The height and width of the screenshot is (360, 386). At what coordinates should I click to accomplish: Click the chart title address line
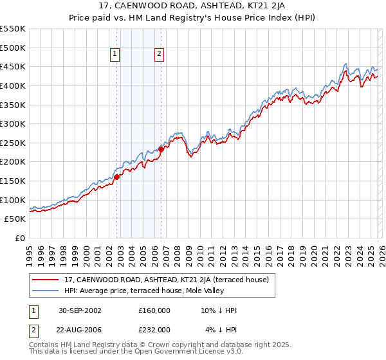click(192, 7)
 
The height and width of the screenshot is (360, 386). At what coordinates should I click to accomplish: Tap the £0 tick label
click(20, 238)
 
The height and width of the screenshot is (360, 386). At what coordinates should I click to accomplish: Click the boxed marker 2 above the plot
click(159, 55)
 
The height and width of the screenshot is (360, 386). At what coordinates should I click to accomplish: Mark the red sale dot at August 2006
click(161, 149)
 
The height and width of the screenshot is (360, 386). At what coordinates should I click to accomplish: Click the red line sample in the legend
click(46, 280)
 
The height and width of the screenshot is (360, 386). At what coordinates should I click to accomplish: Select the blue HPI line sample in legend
click(46, 292)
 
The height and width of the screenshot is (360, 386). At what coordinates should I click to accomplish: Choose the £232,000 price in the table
click(154, 329)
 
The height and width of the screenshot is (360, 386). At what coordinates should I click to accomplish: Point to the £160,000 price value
click(154, 310)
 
